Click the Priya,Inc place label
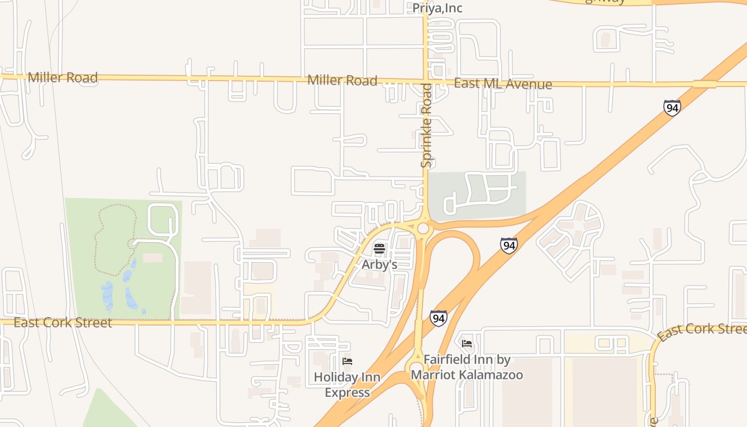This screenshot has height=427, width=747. pos(437,8)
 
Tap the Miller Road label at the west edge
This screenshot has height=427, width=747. pos(62,77)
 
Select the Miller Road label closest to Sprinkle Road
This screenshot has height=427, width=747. pos(342,81)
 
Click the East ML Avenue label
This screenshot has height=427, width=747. pos(503,84)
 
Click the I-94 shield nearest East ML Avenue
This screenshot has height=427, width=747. pos(672,108)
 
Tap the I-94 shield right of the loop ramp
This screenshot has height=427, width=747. pos(508,246)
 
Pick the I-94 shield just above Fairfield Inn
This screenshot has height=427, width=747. pos(438,319)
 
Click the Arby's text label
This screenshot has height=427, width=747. pos(379,264)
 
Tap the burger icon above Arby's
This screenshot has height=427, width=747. pos(379,248)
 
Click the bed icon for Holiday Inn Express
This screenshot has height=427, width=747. pos(347,361)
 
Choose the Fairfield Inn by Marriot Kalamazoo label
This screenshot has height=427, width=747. pos(467,367)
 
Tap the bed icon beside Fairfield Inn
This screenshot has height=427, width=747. pos(467,344)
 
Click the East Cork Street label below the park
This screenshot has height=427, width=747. pos(62,323)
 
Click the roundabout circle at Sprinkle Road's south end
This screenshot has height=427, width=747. pos(423,229)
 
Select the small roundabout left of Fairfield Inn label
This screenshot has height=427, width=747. pos(416,368)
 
